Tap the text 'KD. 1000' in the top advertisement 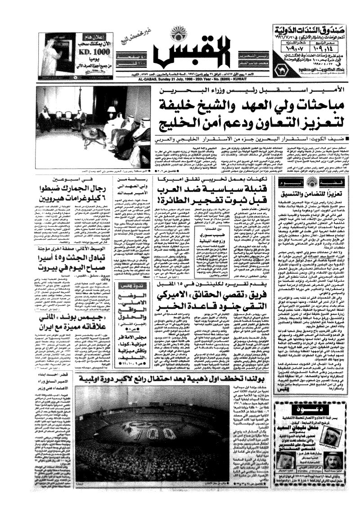tap(90, 52)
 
